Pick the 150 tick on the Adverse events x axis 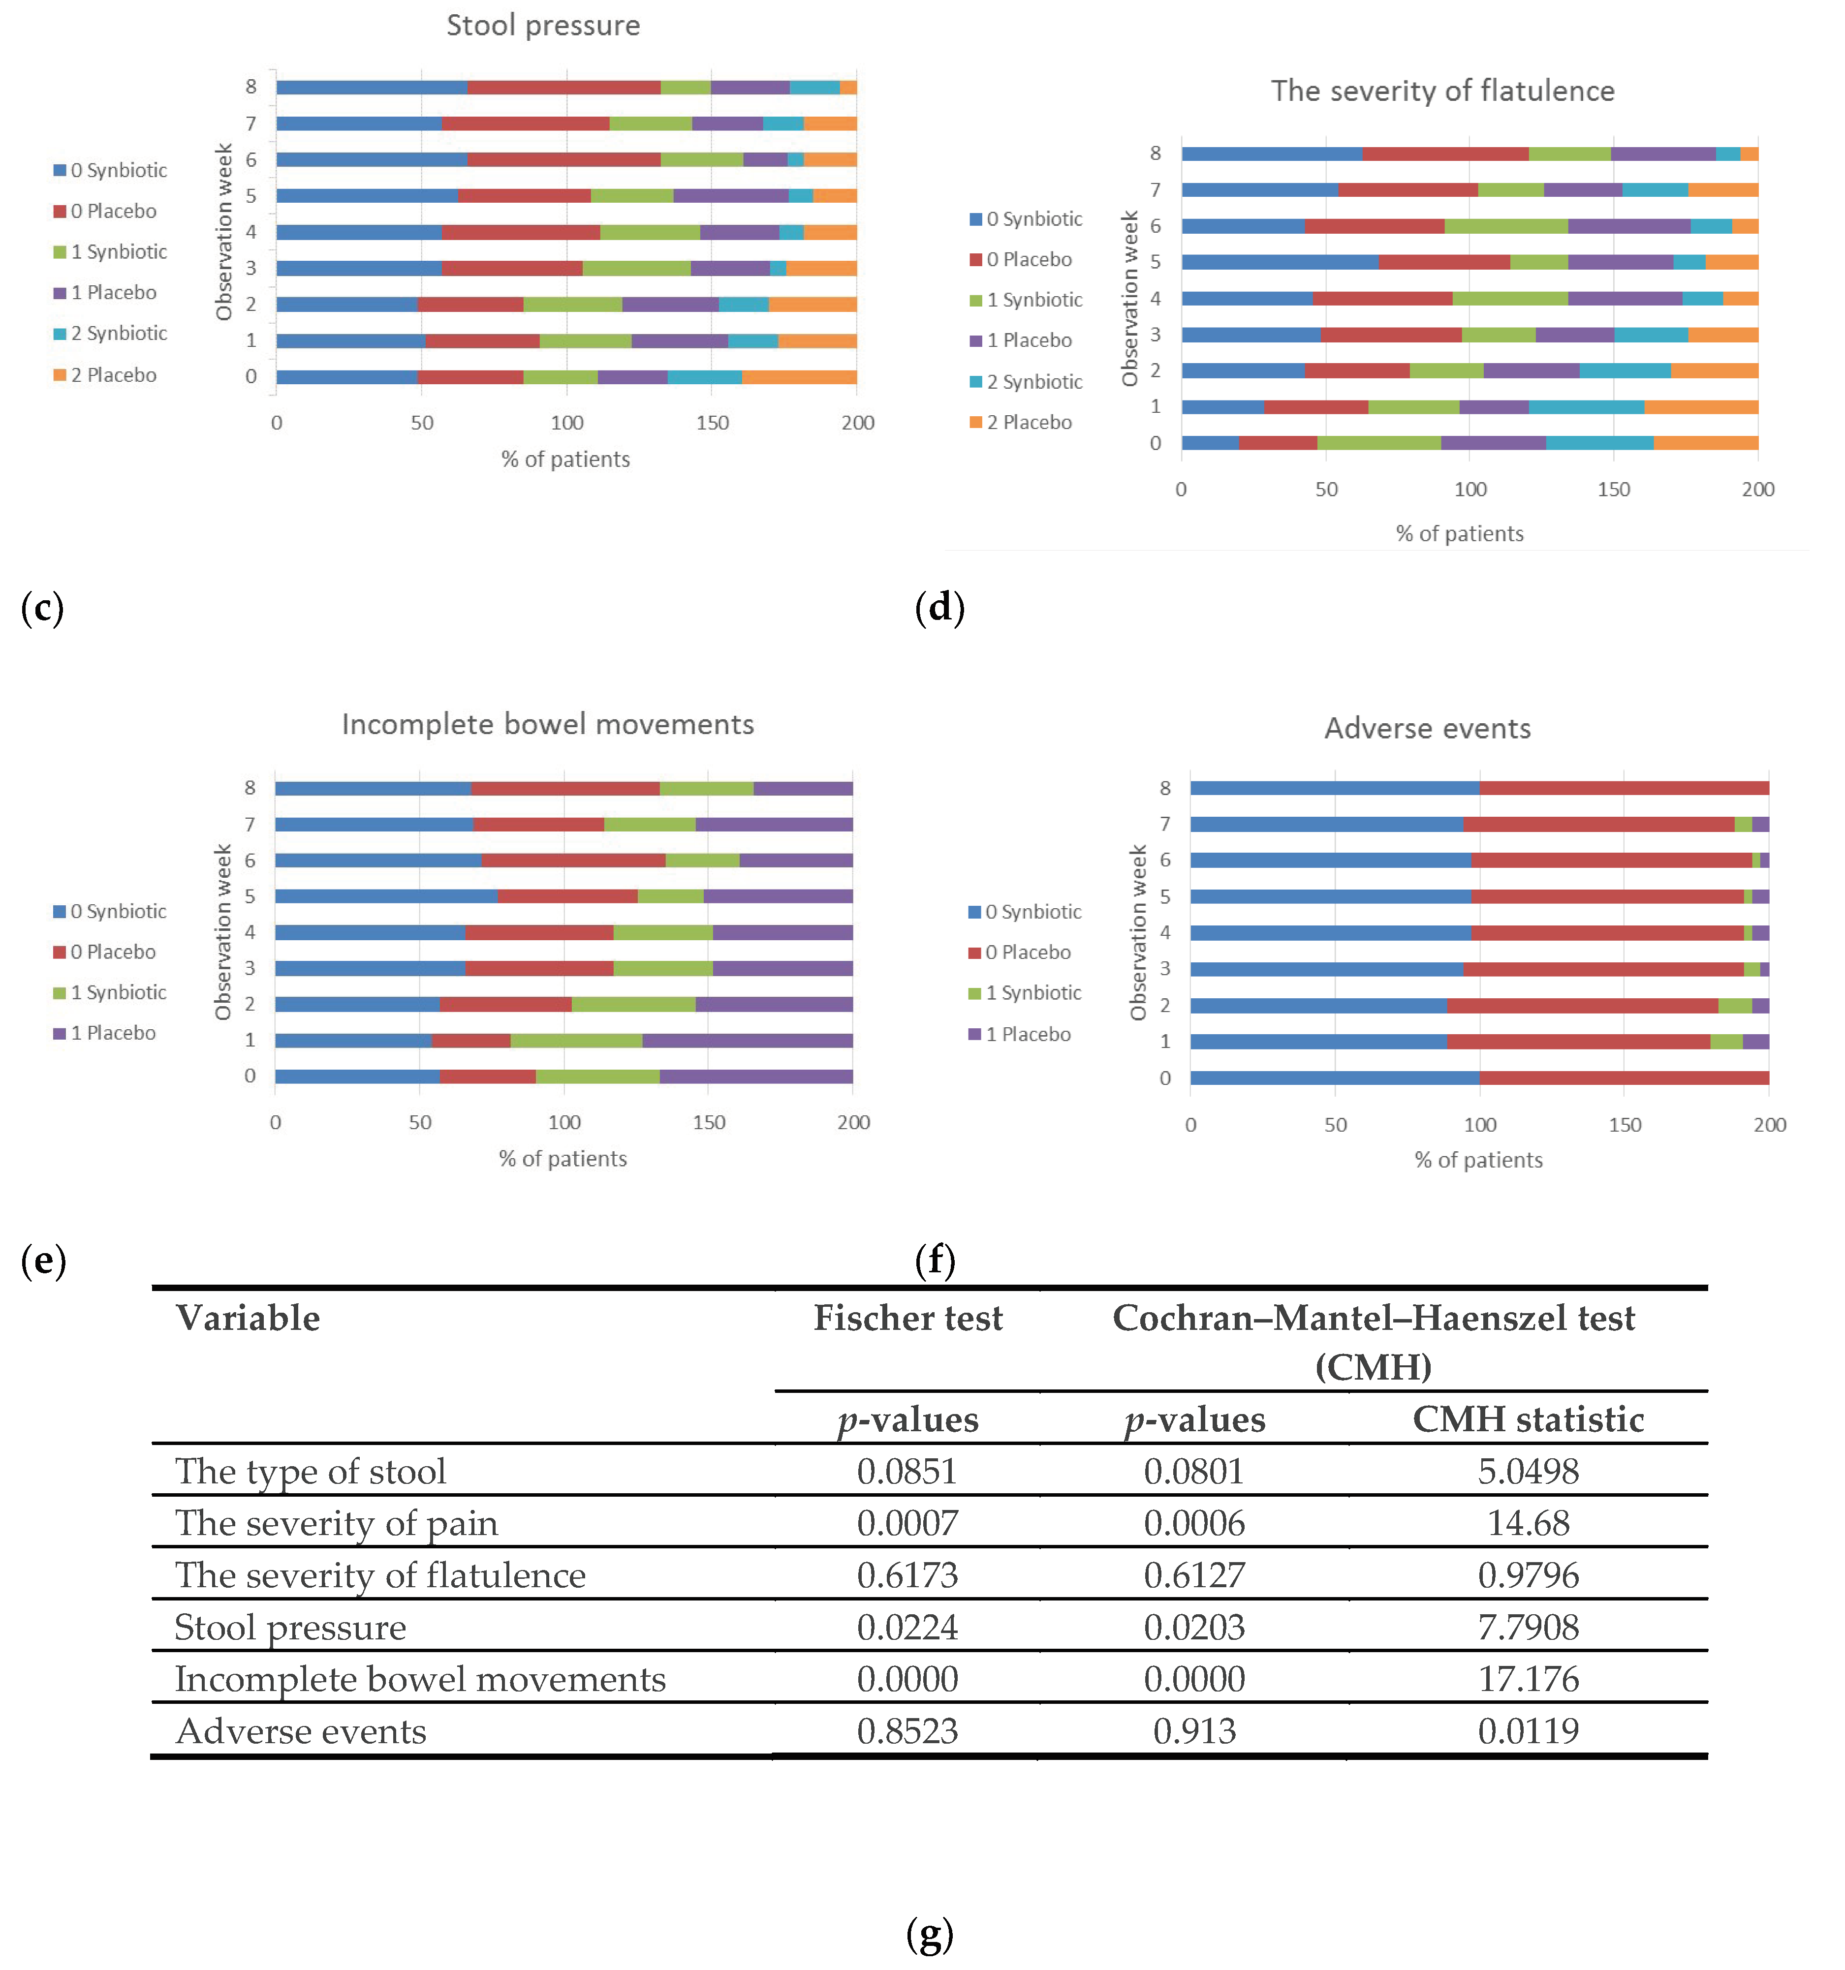pyautogui.click(x=1624, y=1125)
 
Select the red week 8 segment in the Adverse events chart pyautogui.click(x=1624, y=788)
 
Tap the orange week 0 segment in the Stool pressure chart pyautogui.click(x=799, y=376)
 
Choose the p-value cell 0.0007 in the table pyautogui.click(x=907, y=1523)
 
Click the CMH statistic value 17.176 pyautogui.click(x=1528, y=1679)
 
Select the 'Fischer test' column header pyautogui.click(x=907, y=1318)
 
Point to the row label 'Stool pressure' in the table pyautogui.click(x=290, y=1627)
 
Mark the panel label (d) pyautogui.click(x=939, y=607)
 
